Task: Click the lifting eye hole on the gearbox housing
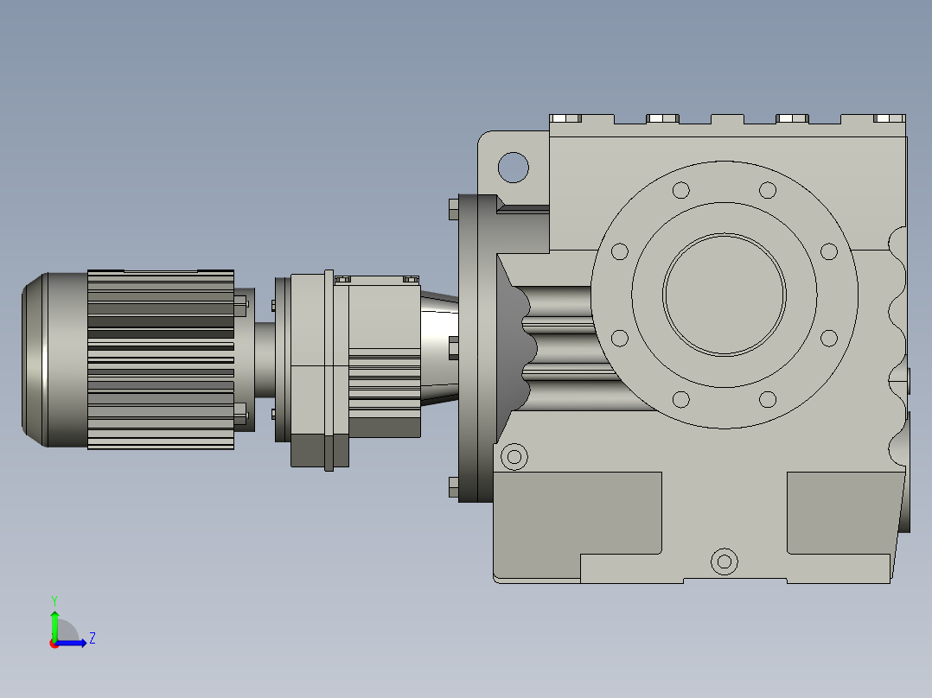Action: (x=514, y=167)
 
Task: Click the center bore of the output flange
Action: (x=725, y=295)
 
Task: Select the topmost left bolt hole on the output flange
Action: (x=680, y=190)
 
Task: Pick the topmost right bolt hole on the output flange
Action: (x=767, y=190)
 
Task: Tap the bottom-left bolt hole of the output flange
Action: (x=680, y=399)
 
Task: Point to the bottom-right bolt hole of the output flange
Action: (x=767, y=399)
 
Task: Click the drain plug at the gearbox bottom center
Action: (x=725, y=562)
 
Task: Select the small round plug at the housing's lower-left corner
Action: (x=514, y=456)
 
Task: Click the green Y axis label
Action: (x=54, y=600)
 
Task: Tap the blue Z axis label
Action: (x=92, y=638)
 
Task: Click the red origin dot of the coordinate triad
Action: (x=54, y=644)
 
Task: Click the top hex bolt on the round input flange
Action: (x=454, y=209)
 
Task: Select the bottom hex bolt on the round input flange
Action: (x=454, y=487)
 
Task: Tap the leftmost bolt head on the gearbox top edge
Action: (x=565, y=118)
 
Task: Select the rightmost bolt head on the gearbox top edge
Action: (x=888, y=118)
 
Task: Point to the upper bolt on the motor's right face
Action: (x=240, y=302)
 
